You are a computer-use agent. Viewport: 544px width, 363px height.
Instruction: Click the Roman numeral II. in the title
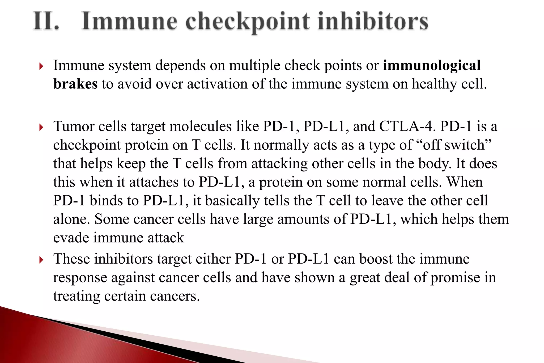click(46, 21)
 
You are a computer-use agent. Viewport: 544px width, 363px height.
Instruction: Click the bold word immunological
click(432, 65)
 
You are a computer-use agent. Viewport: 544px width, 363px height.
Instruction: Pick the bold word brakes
click(75, 84)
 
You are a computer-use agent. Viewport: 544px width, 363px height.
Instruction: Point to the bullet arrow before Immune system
click(41, 66)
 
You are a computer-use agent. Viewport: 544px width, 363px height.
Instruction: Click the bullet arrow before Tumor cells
click(41, 127)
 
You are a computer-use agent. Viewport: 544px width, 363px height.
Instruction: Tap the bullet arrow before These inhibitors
click(41, 260)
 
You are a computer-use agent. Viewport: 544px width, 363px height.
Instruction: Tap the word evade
click(71, 238)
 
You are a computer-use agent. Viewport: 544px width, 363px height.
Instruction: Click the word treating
click(76, 296)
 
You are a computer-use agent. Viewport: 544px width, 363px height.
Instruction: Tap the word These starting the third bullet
click(71, 259)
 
